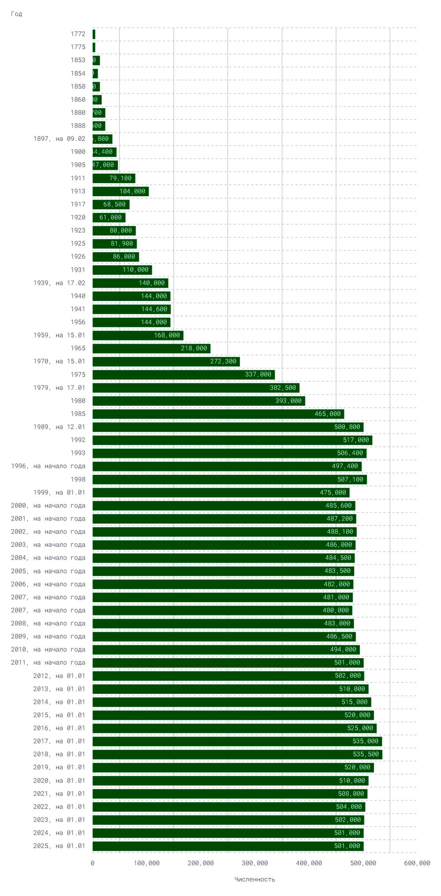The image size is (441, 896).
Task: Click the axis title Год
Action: point(16,14)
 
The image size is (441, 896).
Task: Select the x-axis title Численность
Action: point(254,879)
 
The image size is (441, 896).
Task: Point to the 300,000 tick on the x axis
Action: point(254,863)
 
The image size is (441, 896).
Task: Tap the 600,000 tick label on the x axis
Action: point(417,863)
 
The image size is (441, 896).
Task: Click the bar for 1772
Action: point(94,34)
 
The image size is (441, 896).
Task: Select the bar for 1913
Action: point(120,191)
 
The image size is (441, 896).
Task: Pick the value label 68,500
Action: point(114,204)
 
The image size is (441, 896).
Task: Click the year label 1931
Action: point(78,270)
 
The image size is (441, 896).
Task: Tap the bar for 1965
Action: point(151,348)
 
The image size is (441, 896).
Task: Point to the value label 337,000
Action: point(258,375)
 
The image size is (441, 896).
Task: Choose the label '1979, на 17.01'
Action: point(59,387)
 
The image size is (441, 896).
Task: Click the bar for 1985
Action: point(218,414)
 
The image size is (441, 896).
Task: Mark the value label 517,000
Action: point(356,440)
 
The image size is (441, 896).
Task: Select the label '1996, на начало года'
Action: point(48,466)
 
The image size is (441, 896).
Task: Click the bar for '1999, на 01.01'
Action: point(220,492)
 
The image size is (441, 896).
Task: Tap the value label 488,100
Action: point(340,532)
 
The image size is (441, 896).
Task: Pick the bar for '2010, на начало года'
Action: point(226,649)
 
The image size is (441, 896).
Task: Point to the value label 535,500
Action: point(366,754)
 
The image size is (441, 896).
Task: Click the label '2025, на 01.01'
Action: point(59,846)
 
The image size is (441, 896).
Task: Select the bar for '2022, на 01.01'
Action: point(228,806)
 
